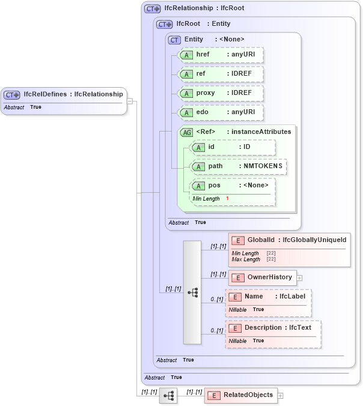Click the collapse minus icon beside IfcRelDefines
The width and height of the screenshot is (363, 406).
coord(129,101)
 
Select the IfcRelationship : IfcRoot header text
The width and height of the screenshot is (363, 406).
coord(204,8)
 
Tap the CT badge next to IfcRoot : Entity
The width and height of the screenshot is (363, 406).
coord(164,24)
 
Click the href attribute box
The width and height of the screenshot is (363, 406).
coord(221,55)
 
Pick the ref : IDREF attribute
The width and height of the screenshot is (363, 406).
coord(221,74)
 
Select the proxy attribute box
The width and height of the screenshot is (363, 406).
coord(221,94)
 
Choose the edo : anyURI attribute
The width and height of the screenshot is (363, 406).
coord(221,113)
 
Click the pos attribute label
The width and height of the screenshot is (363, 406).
coord(214,185)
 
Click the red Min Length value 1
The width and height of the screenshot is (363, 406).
coord(228,198)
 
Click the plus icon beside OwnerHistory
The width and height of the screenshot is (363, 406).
coord(299,278)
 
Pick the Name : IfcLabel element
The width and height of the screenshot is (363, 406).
coord(268,297)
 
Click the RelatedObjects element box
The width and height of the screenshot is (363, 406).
coord(240,395)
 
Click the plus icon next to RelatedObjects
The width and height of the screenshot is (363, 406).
coord(280,396)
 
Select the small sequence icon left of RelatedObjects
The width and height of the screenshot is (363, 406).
coord(168,396)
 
